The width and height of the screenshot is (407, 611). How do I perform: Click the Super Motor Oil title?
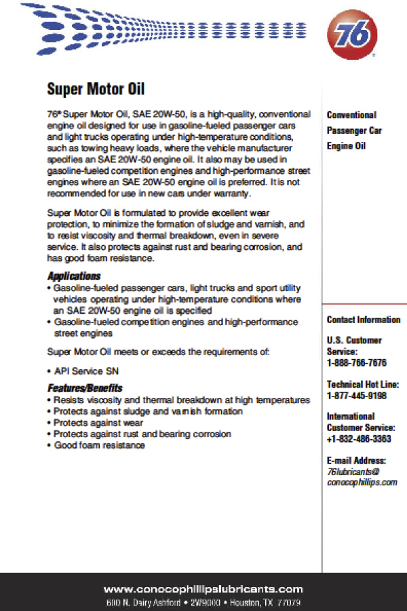[x=96, y=89]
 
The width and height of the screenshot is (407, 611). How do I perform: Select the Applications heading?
[x=74, y=276]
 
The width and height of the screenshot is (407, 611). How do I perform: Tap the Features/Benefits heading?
[x=85, y=388]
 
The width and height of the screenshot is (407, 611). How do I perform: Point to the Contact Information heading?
[x=364, y=320]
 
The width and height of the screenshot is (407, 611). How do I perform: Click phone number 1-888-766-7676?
[x=357, y=363]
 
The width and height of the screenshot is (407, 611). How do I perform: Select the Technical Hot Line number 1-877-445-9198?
[x=357, y=395]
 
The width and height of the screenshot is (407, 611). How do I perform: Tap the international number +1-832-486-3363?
[x=359, y=439]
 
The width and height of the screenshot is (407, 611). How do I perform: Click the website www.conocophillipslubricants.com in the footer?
[x=203, y=589]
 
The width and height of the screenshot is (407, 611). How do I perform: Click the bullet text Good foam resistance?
[x=99, y=445]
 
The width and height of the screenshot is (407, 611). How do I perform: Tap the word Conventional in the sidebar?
[x=351, y=115]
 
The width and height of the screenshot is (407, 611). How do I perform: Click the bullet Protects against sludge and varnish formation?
[x=148, y=411]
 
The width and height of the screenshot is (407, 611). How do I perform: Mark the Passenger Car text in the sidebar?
[x=354, y=130]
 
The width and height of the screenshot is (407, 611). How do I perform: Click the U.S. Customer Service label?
[x=354, y=346]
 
